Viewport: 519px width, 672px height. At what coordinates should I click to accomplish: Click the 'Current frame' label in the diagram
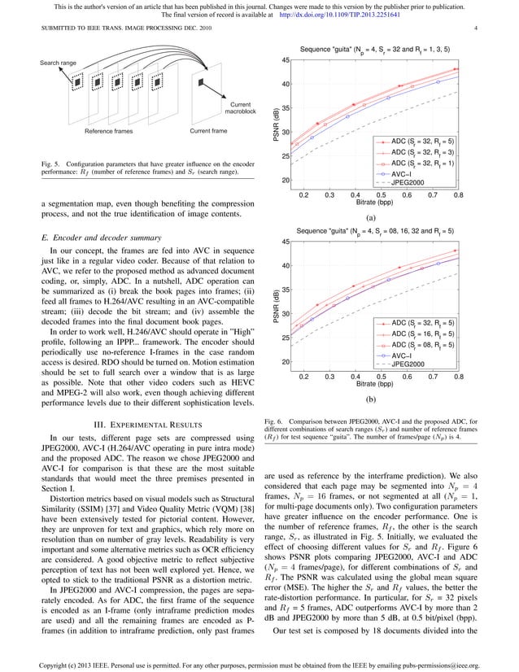[208, 130]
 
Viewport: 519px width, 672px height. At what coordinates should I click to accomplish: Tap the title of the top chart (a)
[373, 50]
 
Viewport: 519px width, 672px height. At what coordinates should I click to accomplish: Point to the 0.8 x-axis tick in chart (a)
[458, 195]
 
